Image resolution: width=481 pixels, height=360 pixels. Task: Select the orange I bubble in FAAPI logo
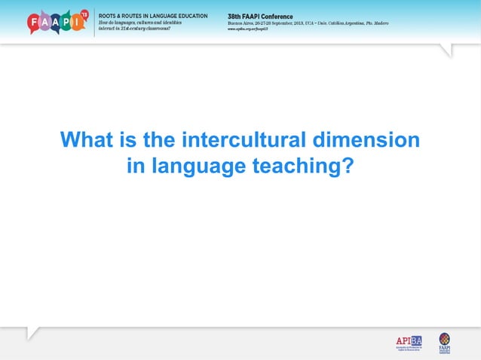[78, 23]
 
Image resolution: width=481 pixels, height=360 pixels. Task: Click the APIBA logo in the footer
[409, 343]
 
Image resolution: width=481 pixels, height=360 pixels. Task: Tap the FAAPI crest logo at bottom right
[444, 342]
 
